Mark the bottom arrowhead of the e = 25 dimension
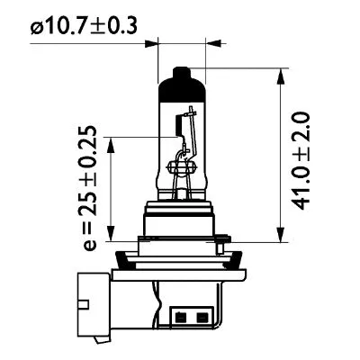click(x=111, y=228)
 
